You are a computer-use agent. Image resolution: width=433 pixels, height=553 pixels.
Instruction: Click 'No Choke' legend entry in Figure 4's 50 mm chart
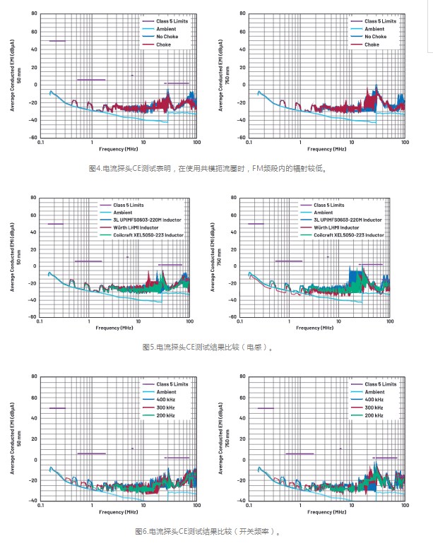167,37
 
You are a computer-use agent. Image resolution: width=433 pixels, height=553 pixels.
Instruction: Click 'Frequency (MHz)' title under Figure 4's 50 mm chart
118,150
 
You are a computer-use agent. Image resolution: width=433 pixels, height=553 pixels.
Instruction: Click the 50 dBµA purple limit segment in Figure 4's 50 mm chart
57,41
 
